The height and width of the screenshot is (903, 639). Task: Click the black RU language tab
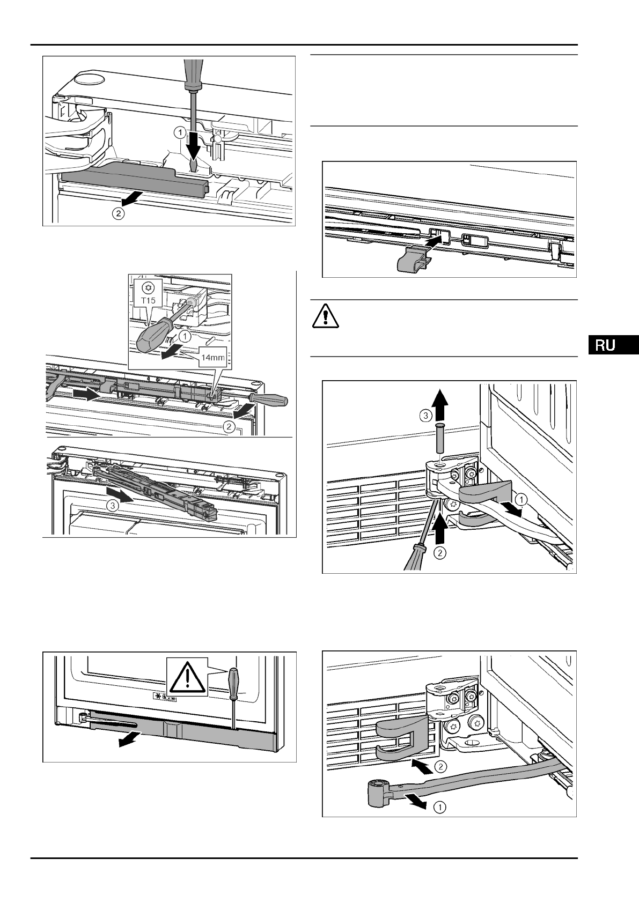(612, 345)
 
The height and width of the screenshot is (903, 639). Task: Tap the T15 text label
(149, 301)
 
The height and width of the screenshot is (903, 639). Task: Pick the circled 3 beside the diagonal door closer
(112, 505)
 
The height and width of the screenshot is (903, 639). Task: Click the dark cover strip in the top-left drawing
(123, 179)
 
